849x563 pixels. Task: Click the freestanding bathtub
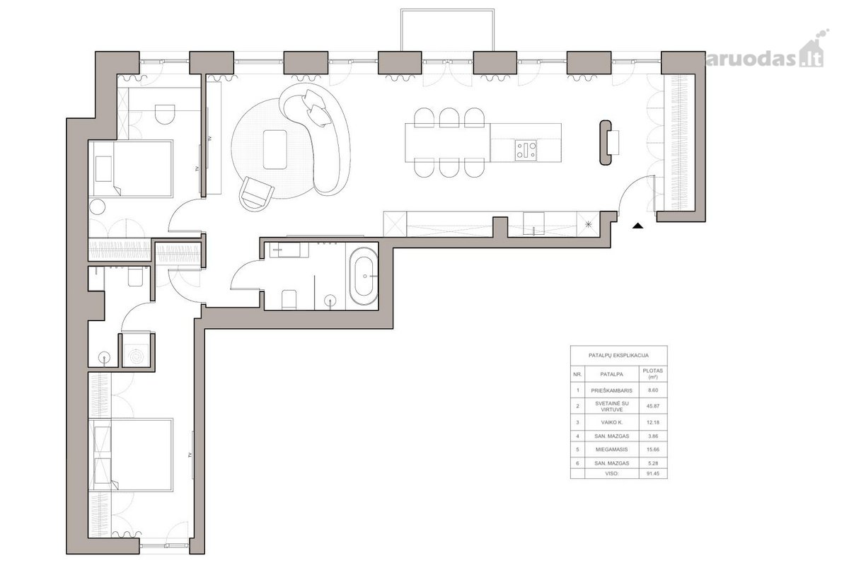tap(364, 277)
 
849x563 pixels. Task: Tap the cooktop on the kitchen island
tap(526, 149)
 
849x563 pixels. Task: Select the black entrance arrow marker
tap(638, 226)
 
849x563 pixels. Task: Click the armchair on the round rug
tap(256, 194)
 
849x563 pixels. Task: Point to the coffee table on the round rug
tap(275, 149)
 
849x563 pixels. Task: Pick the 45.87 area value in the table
tap(652, 406)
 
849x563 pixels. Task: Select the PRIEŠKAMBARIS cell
tap(611, 390)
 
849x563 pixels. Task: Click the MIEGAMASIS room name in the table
tap(611, 449)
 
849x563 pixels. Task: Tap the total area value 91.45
tap(652, 473)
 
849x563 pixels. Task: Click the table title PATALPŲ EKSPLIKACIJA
tap(618, 355)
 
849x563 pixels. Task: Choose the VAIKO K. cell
tap(611, 422)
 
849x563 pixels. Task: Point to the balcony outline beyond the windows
tap(447, 10)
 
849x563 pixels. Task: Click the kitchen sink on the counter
tap(533, 224)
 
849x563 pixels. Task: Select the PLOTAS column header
tap(652, 373)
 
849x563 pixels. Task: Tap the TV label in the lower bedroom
tap(190, 455)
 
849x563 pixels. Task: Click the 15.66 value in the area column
tap(652, 449)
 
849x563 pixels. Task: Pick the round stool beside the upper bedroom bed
tap(98, 207)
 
